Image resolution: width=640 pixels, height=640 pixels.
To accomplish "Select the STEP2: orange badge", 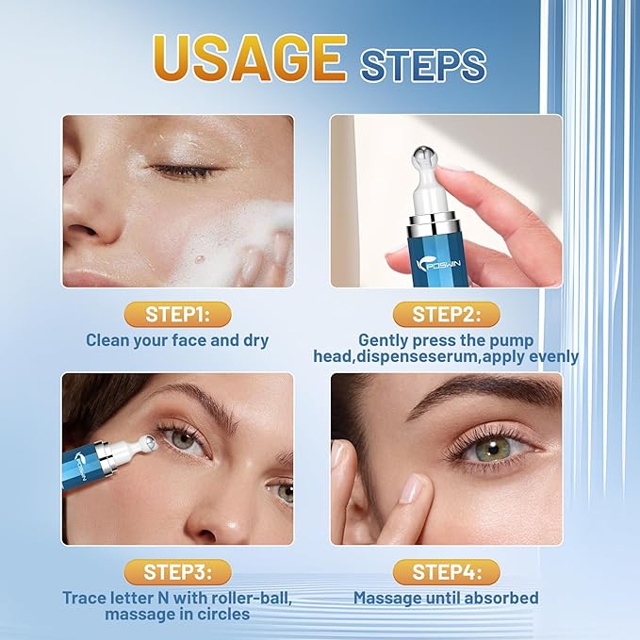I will point(445,313).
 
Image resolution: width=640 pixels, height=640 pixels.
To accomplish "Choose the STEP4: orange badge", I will point(445,571).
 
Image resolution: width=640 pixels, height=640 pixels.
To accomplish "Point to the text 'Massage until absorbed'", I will point(446,598).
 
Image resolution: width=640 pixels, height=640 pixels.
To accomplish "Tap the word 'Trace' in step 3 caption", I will point(87,598).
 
